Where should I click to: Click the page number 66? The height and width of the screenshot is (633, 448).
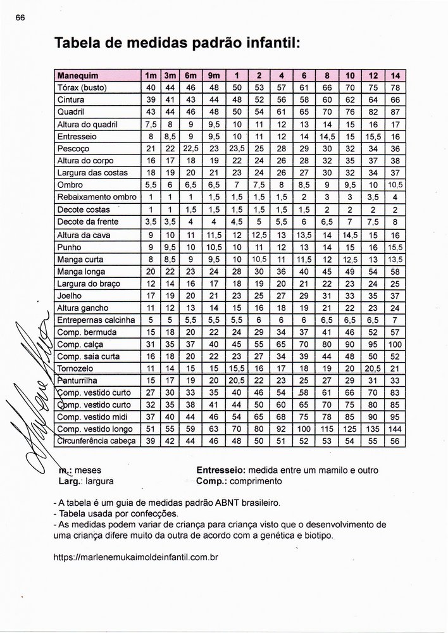click(x=20, y=18)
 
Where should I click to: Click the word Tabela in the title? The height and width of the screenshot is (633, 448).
click(x=80, y=44)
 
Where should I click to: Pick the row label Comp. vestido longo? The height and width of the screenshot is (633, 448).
click(x=89, y=429)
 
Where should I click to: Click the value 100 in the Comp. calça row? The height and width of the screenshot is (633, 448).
click(x=395, y=344)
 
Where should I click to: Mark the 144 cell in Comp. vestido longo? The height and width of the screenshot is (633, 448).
click(x=395, y=429)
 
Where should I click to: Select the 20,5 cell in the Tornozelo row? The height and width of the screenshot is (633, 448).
click(x=373, y=368)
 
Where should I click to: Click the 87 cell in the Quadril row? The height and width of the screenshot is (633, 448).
click(x=395, y=111)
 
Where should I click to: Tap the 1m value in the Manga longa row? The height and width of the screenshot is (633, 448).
click(x=151, y=271)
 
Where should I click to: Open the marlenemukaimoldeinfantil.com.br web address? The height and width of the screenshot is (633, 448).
click(x=137, y=559)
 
